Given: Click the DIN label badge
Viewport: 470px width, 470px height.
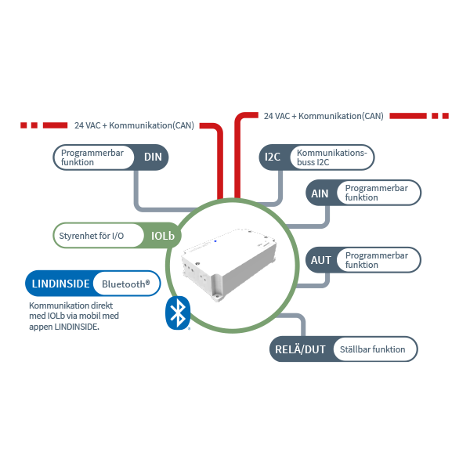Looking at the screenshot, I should click(153, 157).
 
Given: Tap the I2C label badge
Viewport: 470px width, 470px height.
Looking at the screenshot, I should click(273, 157).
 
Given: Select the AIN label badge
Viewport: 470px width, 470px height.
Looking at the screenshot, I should click(320, 193).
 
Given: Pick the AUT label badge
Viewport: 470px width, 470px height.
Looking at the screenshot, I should click(321, 260).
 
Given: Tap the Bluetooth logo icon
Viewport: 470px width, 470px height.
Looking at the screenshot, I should click(179, 313).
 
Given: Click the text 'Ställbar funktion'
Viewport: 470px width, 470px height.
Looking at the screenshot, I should click(373, 349).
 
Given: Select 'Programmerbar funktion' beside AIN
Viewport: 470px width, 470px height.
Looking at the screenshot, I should click(377, 193).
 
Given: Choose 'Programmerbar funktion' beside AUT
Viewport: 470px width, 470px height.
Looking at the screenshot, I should click(377, 260).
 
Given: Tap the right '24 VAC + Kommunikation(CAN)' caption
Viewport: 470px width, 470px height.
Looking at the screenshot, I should click(324, 116).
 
